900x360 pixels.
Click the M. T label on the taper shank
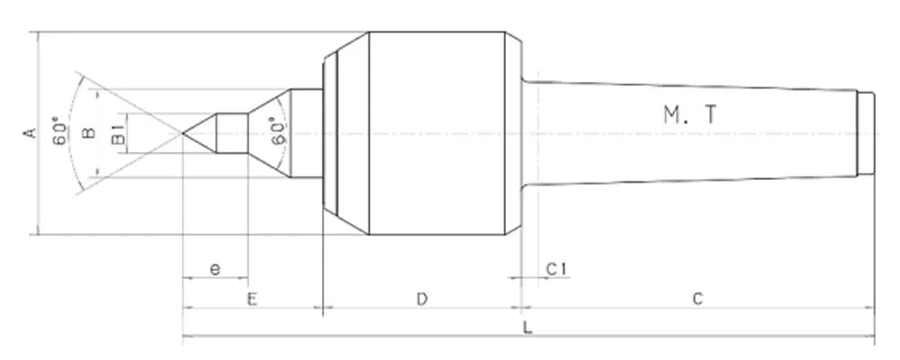point(691,114)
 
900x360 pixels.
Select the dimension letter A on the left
point(29,133)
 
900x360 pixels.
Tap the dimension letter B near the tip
point(88,133)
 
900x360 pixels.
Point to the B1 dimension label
point(117,138)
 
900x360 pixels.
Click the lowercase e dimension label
point(214,268)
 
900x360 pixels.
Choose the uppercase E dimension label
point(252,299)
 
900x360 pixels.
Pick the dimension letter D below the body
point(421,299)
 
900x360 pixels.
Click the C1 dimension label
point(555,268)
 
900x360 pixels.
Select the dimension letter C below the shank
point(697,299)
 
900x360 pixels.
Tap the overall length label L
point(528,328)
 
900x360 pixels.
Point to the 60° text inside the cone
point(279,132)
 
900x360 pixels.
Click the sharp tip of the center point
point(184,133)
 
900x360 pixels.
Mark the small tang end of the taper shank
point(866,133)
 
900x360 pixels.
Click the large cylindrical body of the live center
point(441,133)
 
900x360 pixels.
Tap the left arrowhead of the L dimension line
point(186,339)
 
